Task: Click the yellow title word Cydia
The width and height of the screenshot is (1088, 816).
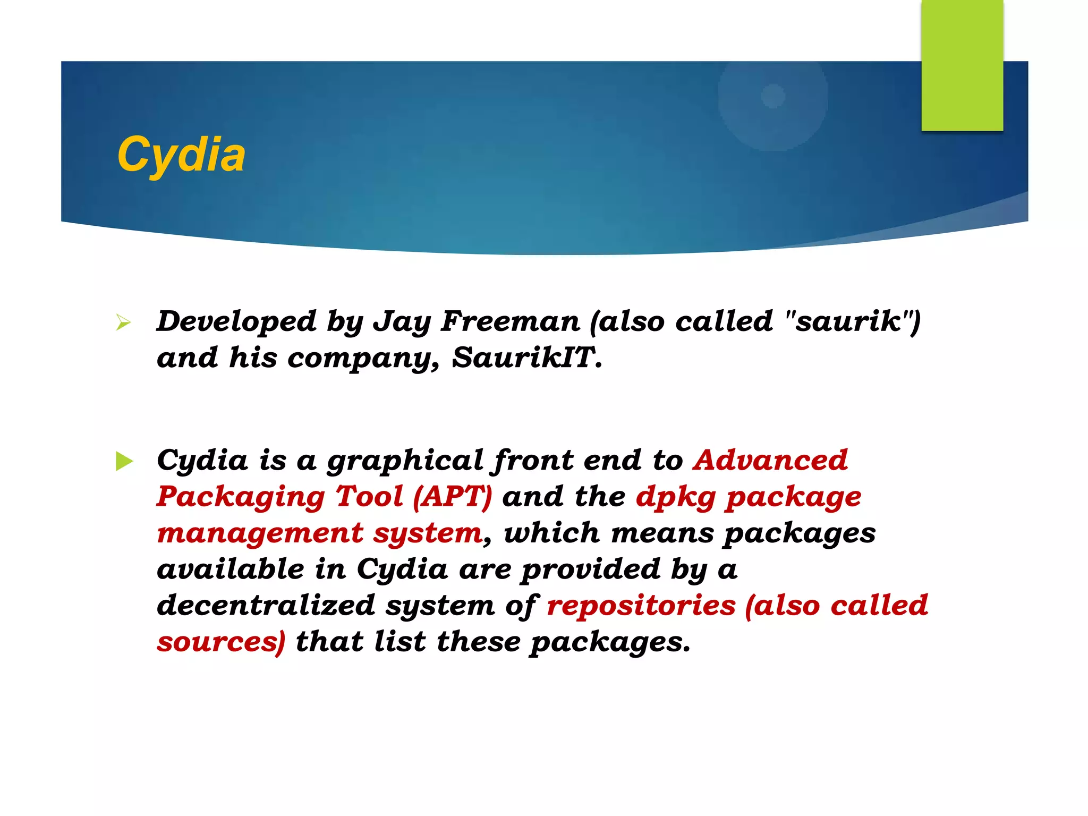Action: click(x=181, y=155)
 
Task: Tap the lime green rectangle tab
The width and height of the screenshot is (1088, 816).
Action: click(x=962, y=65)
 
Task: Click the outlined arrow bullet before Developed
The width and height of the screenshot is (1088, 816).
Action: click(x=123, y=322)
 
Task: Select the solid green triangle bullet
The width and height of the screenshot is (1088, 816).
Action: click(x=124, y=461)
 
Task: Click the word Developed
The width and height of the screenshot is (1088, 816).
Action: click(x=236, y=321)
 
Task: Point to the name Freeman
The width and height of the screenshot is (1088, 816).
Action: click(x=510, y=321)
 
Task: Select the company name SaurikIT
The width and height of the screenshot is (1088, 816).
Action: click(x=526, y=358)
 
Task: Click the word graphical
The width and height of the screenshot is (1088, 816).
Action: click(x=405, y=461)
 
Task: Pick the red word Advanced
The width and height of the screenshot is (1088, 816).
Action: click(x=770, y=460)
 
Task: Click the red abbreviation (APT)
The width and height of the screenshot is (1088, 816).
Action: click(x=453, y=497)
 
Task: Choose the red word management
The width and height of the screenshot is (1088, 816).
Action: click(x=260, y=533)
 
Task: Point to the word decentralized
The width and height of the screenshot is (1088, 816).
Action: click(x=266, y=605)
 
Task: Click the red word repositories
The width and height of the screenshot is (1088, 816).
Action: click(x=641, y=606)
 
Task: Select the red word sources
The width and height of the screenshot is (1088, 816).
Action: click(x=218, y=642)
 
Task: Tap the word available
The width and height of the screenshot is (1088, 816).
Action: click(x=231, y=569)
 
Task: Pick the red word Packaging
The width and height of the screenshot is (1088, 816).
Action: click(x=241, y=497)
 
